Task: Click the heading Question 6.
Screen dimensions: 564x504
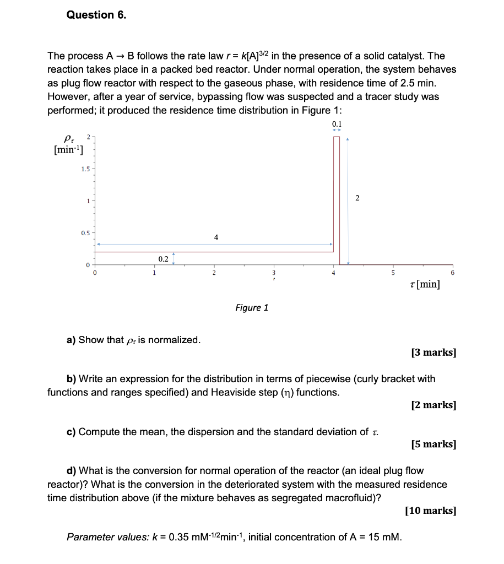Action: click(96, 15)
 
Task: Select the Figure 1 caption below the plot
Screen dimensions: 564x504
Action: click(251, 307)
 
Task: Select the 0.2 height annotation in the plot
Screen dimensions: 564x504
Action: click(163, 258)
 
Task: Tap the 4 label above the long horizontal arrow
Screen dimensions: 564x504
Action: click(216, 237)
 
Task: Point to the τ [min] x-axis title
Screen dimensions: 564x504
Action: click(425, 284)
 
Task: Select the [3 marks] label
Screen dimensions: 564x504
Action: click(433, 352)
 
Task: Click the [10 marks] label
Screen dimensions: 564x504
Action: click(430, 511)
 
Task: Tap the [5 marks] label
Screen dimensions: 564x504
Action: click(433, 444)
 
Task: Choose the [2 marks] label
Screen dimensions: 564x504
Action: click(433, 405)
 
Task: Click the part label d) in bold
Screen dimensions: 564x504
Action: click(71, 471)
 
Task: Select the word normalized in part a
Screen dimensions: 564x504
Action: click(175, 340)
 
